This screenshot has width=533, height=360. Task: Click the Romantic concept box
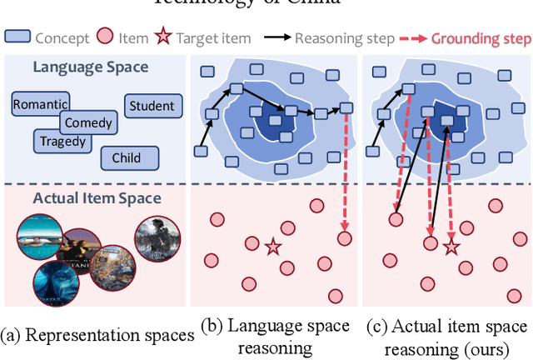pyautogui.click(x=40, y=104)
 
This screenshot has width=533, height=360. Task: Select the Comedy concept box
pyautogui.click(x=87, y=122)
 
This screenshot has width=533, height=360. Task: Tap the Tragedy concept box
pyautogui.click(x=63, y=141)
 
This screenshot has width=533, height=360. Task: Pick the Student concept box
pyautogui.click(x=152, y=106)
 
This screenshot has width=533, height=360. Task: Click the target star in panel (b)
pyautogui.click(x=272, y=247)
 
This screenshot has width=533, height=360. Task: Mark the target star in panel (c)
pyautogui.click(x=451, y=247)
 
